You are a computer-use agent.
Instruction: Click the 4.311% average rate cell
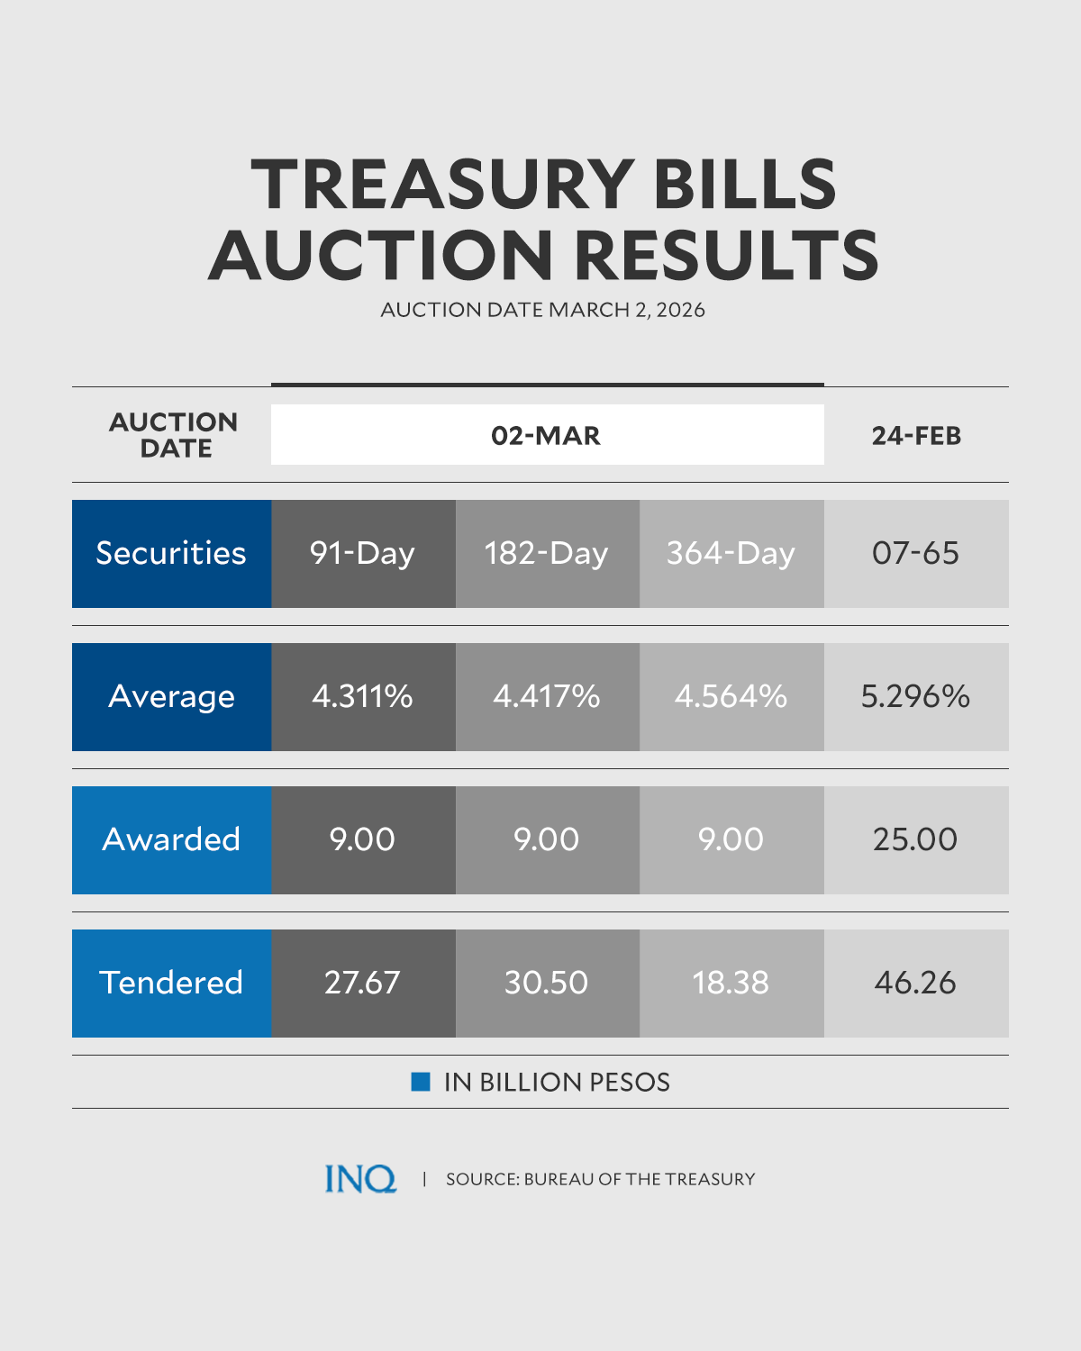(363, 696)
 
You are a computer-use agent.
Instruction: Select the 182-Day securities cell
(547, 553)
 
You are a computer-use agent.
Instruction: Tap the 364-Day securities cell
(731, 553)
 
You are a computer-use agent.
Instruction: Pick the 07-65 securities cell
(915, 553)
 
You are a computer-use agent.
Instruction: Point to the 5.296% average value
(915, 696)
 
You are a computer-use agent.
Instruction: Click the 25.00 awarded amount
(915, 839)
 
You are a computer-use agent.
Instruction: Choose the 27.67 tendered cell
(363, 983)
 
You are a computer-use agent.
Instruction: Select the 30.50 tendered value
(547, 983)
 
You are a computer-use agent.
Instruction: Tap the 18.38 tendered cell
(731, 983)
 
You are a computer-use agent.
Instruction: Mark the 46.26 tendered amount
(915, 983)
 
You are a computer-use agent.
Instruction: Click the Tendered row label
(171, 983)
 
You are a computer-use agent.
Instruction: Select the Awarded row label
(171, 839)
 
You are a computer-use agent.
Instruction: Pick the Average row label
(171, 696)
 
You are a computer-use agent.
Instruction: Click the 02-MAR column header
(546, 436)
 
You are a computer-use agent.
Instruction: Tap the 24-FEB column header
(916, 436)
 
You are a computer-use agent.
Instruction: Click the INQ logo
(360, 1179)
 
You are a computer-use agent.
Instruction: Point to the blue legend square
(421, 1082)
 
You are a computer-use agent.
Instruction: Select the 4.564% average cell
(731, 696)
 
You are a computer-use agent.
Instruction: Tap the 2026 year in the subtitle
(681, 310)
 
